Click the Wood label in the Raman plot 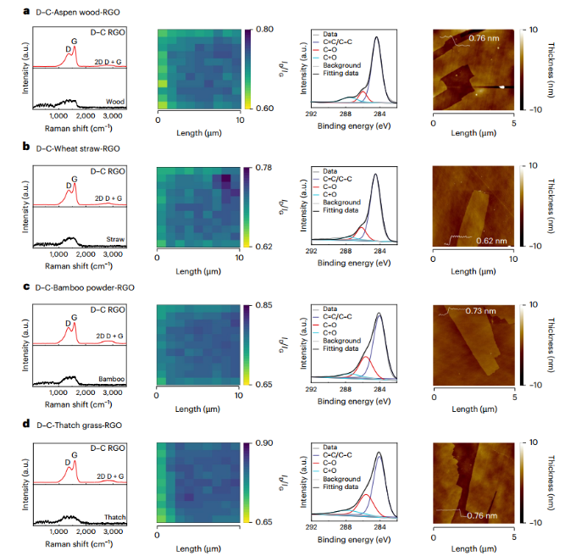tap(116, 102)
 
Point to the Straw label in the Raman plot tap(115, 240)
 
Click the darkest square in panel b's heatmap tap(226, 179)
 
